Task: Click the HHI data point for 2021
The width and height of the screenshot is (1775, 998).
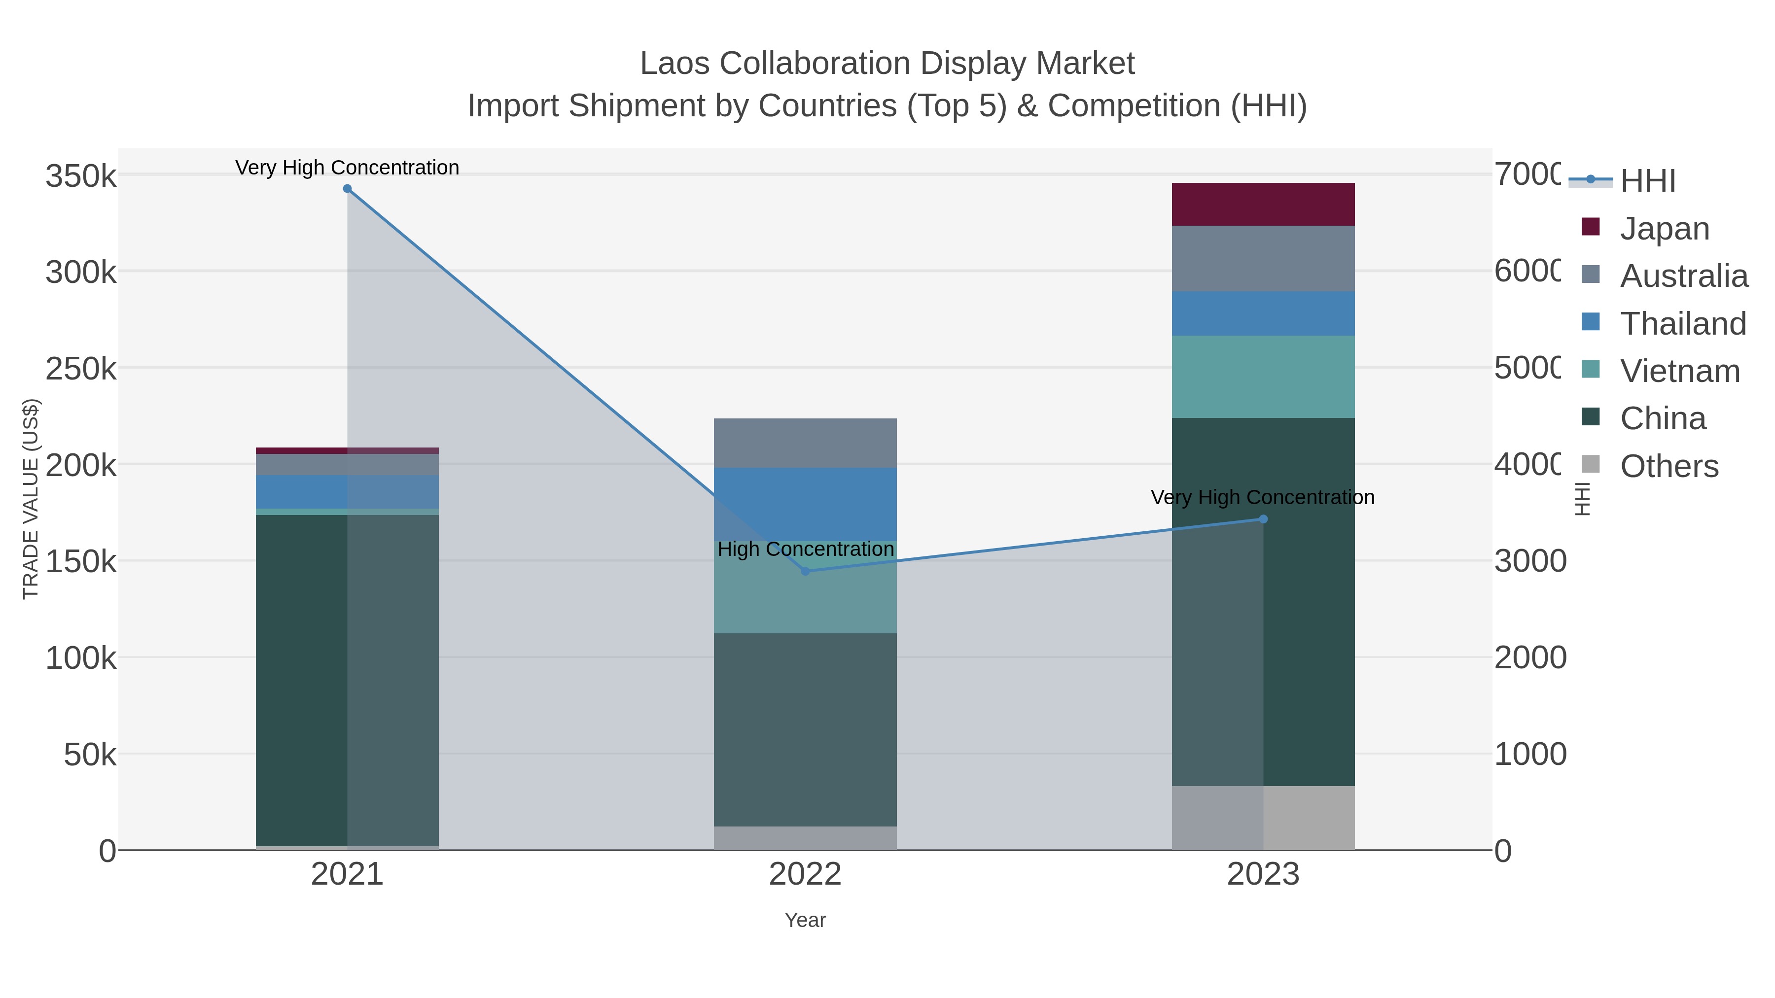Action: (347, 189)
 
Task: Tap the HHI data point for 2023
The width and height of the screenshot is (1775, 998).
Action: (1263, 519)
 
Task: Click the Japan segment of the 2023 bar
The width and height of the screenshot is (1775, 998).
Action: (1263, 205)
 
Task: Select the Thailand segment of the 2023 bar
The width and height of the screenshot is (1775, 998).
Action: (1263, 313)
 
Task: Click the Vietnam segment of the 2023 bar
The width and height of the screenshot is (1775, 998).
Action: (1263, 377)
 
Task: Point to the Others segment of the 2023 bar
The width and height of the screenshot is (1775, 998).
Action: (1263, 818)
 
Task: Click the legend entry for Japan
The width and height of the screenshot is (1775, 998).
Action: (1664, 229)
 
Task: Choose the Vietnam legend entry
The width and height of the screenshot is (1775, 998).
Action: (1679, 371)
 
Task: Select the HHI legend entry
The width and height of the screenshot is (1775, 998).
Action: (1647, 181)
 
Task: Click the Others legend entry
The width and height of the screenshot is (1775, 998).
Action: (1669, 466)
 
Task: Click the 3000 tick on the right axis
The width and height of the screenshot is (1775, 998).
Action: (1529, 561)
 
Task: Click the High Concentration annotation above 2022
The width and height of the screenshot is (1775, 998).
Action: (806, 549)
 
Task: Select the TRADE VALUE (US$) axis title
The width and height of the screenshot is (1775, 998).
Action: (31, 499)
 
